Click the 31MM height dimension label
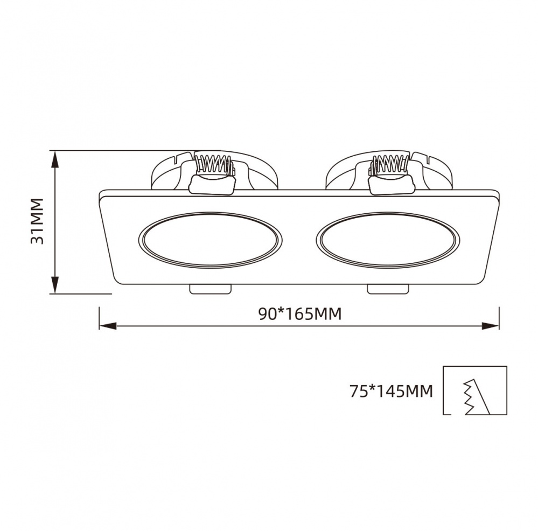37,221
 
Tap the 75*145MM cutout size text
391,392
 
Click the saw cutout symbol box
474,390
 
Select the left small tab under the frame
211,289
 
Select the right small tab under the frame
388,289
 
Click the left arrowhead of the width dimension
108,326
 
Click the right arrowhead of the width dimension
491,326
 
